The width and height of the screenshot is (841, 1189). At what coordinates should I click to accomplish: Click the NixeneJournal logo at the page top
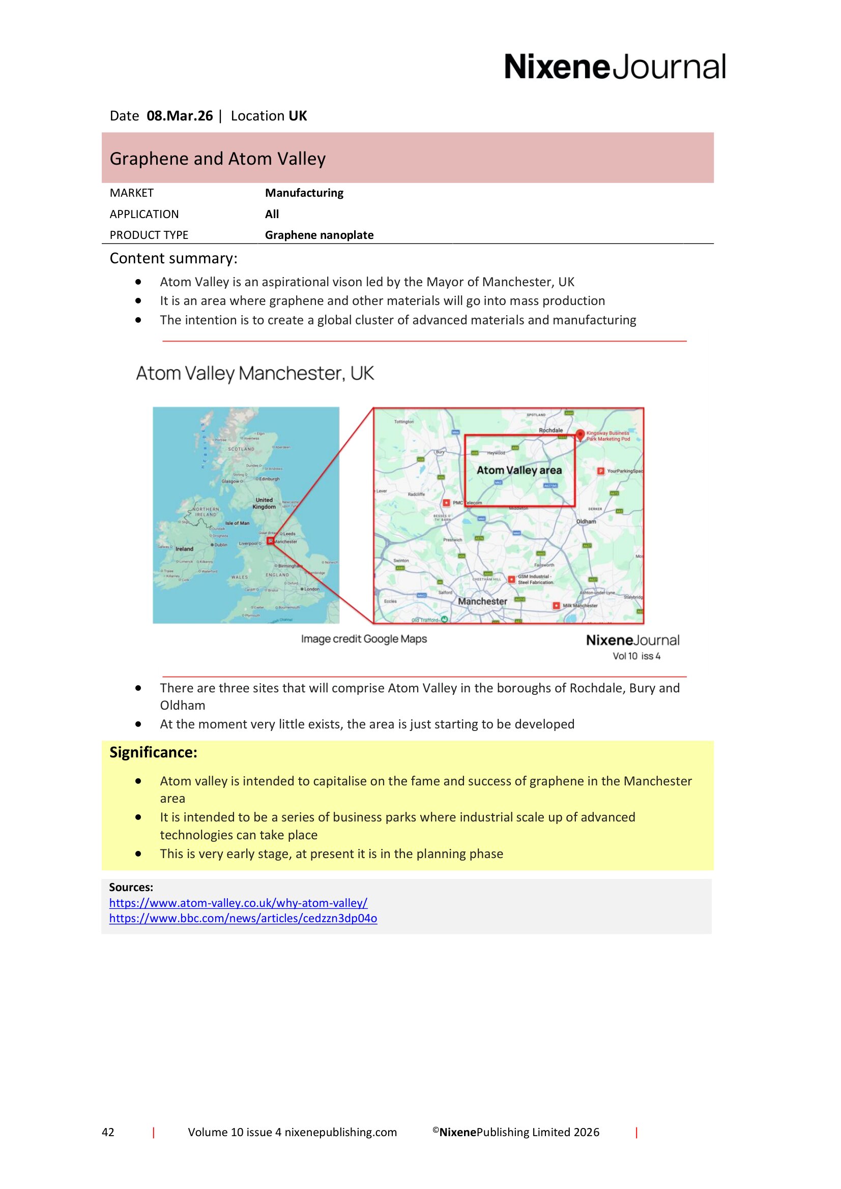point(615,67)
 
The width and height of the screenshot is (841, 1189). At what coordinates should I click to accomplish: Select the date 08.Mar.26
point(179,116)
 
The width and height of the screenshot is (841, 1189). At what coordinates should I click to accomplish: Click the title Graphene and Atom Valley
point(218,159)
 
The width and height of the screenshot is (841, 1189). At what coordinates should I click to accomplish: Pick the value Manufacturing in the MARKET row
point(304,193)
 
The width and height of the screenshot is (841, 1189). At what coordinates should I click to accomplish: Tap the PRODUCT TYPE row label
point(149,235)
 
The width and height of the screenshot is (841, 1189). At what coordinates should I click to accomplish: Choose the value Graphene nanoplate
point(319,235)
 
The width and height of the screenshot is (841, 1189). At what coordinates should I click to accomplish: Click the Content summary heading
point(173,258)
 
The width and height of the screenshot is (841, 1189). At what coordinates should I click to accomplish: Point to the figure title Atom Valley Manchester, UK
point(254,374)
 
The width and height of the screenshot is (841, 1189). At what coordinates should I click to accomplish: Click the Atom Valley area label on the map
point(519,470)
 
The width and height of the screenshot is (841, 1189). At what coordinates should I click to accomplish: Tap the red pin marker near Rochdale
point(581,435)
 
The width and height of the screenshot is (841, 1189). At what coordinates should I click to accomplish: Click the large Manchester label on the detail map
point(482,601)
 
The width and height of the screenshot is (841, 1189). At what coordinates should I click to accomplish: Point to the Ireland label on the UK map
point(185,549)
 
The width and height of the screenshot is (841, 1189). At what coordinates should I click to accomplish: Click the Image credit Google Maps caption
point(364,639)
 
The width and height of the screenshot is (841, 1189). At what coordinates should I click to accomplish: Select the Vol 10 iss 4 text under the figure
point(636,656)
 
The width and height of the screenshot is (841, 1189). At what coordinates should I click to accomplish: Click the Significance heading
point(153,752)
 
